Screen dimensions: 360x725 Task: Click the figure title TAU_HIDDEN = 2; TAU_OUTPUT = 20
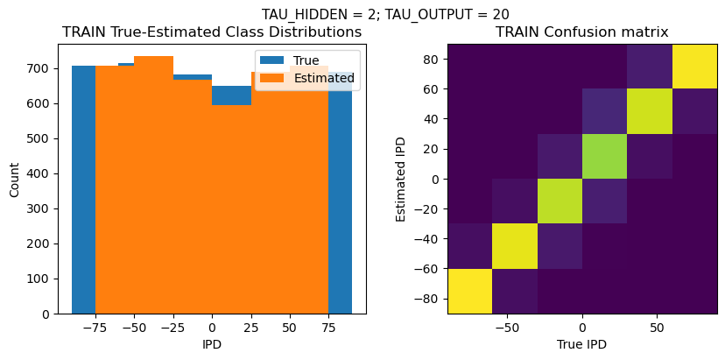pyautogui.click(x=385, y=14)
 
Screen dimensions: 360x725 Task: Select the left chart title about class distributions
pyautogui.click(x=212, y=32)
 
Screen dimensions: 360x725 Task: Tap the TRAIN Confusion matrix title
pyautogui.click(x=581, y=32)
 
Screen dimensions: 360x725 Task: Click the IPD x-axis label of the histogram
pyautogui.click(x=212, y=345)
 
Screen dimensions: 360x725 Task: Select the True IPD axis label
pyautogui.click(x=581, y=345)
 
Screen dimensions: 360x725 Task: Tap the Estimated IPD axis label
pyautogui.click(x=402, y=178)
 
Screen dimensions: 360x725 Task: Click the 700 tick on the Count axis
pyautogui.click(x=41, y=68)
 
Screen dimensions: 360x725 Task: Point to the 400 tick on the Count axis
pyautogui.click(x=41, y=173)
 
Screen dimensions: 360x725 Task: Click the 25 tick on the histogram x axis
pyautogui.click(x=250, y=328)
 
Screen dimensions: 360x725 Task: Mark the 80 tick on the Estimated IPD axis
pyautogui.click(x=432, y=59)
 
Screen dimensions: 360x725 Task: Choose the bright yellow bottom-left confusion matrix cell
pyautogui.click(x=469, y=291)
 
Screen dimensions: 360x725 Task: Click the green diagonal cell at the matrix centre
pyautogui.click(x=560, y=156)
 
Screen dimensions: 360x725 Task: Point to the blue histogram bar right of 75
pyautogui.click(x=340, y=193)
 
